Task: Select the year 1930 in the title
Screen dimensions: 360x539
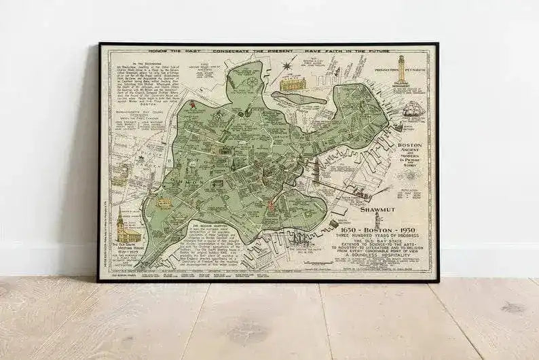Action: pyautogui.click(x=411, y=231)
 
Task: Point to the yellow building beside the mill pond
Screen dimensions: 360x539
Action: pyautogui.click(x=293, y=84)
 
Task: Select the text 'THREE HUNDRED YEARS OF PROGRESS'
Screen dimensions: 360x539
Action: pyautogui.click(x=380, y=238)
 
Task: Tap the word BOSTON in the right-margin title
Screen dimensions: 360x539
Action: pyautogui.click(x=414, y=145)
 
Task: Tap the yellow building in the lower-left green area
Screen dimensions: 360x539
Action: pyautogui.click(x=164, y=202)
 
